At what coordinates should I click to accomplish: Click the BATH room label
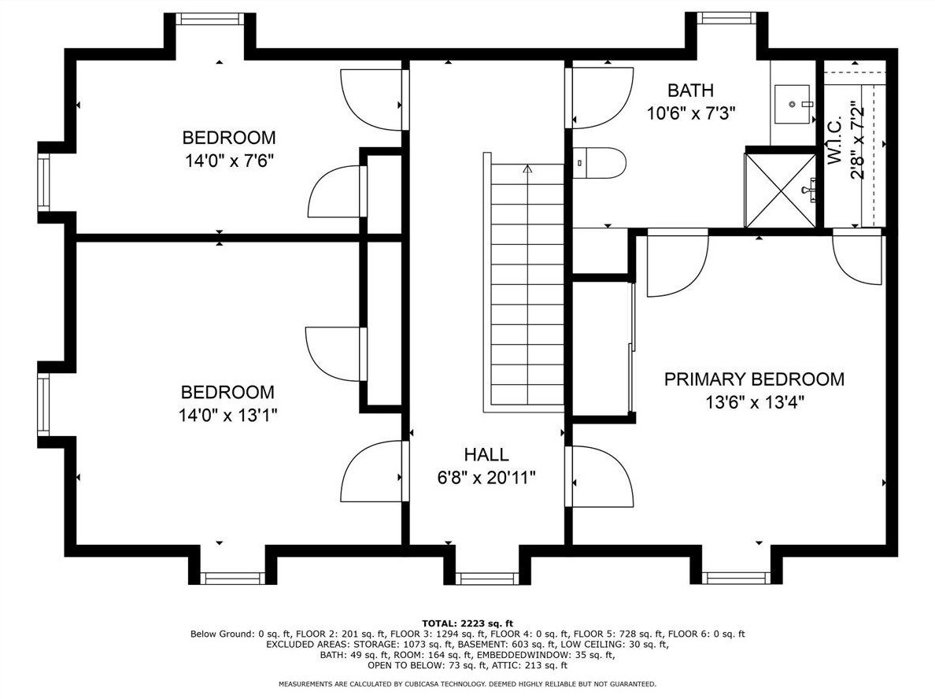[690, 91]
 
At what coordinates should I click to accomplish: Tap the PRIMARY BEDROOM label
[754, 379]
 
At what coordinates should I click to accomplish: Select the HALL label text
[486, 454]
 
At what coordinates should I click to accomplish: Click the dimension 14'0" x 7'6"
[230, 161]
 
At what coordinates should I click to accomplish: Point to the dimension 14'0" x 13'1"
[228, 415]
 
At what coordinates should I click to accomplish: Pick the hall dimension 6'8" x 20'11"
[486, 478]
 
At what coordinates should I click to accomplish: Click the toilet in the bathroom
[599, 163]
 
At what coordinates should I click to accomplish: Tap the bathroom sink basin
[793, 105]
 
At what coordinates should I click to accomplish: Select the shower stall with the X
[780, 190]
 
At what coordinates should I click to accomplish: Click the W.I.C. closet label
[835, 141]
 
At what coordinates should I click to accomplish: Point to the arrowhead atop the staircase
[527, 168]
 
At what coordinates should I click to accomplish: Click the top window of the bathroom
[727, 18]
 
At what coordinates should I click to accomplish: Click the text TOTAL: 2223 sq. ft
[468, 623]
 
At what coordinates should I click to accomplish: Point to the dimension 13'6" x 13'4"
[755, 402]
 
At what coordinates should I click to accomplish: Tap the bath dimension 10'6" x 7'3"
[691, 113]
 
